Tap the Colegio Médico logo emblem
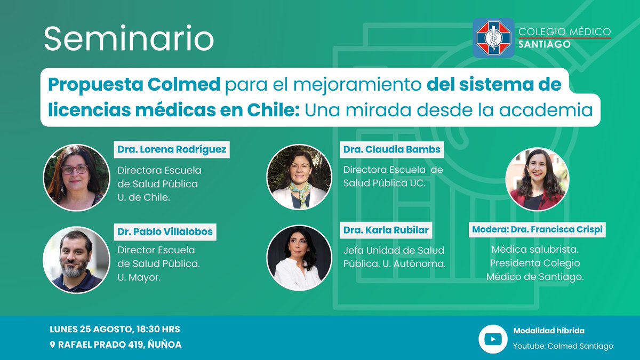[x=493, y=38]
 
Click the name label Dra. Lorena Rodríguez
[x=172, y=149]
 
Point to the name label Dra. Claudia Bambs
[x=392, y=149]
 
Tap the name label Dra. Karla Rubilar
[x=386, y=230]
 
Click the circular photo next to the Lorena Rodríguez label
[x=76, y=178]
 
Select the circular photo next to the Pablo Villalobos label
[x=76, y=260]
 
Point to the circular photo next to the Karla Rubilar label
[x=299, y=258]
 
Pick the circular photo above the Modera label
[x=537, y=179]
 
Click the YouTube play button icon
[x=492, y=339]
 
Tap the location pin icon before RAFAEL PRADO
[x=52, y=345]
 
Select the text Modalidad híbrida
[x=549, y=331]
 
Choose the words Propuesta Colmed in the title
[x=134, y=84]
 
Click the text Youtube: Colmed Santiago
[x=563, y=346]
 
